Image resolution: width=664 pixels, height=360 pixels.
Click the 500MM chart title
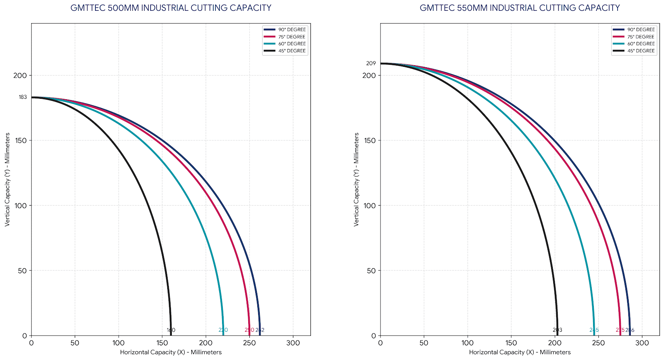[171, 8]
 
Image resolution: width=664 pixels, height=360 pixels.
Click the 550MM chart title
[520, 8]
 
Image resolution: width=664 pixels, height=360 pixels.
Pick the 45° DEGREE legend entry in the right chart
[641, 51]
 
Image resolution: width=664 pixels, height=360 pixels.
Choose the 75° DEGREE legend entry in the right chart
[641, 37]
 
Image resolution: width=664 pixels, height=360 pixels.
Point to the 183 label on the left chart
[23, 97]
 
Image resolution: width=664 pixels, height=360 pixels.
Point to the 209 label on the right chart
[371, 64]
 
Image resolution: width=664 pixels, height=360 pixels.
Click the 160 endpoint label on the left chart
[171, 331]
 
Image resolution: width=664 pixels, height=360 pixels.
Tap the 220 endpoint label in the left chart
[223, 331]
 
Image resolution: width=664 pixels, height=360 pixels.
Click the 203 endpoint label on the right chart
[557, 331]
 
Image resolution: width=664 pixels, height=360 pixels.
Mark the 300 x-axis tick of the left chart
[293, 343]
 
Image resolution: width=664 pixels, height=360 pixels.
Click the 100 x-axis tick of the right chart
[468, 343]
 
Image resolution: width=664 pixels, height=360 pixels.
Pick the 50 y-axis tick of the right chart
[371, 271]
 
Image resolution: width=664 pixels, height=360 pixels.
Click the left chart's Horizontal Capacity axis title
[171, 353]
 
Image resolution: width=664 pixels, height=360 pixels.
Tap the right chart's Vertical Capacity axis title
[356, 179]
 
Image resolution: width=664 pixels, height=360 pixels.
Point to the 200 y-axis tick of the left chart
[20, 76]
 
